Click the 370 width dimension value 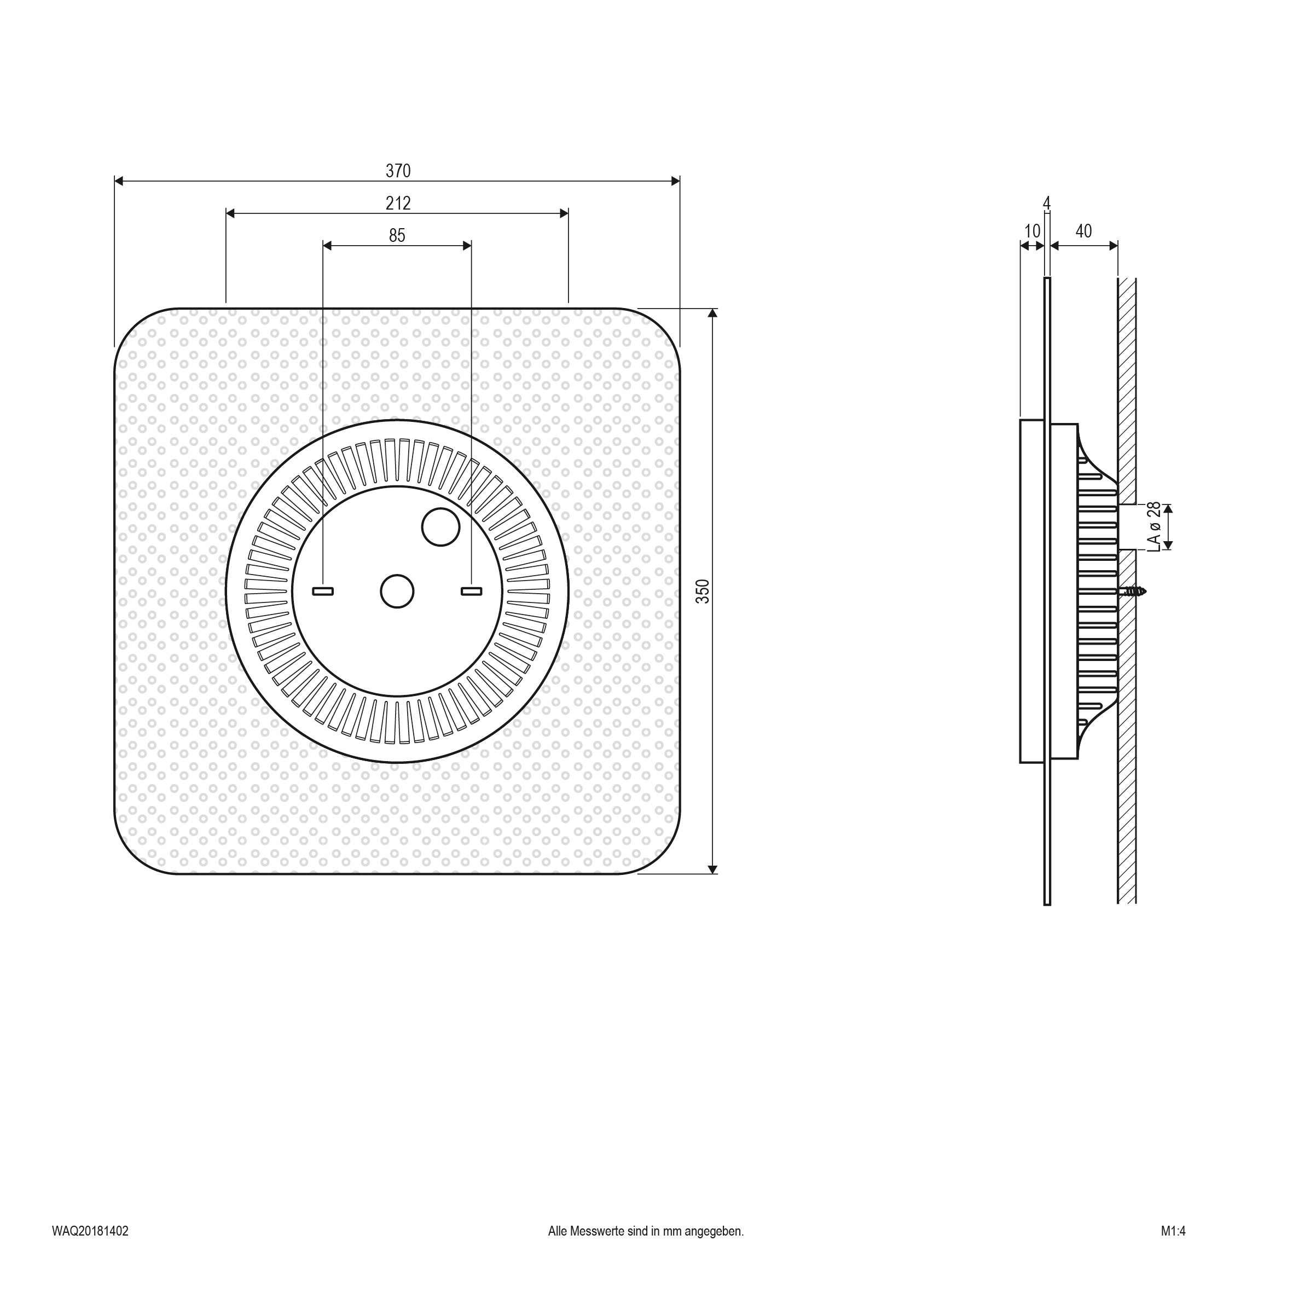click(x=398, y=171)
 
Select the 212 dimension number click(x=398, y=203)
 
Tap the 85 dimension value click(x=397, y=236)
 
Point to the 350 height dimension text click(x=703, y=591)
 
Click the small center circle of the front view click(x=397, y=592)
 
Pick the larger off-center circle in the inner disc click(x=440, y=527)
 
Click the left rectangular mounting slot click(x=323, y=592)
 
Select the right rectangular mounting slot click(x=471, y=592)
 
